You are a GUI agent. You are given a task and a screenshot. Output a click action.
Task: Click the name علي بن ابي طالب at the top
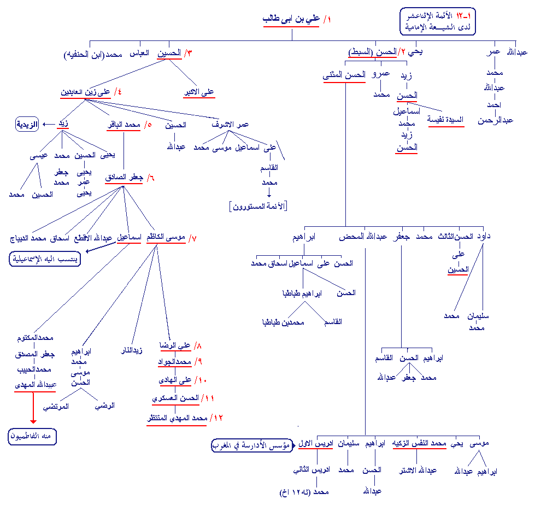(291, 20)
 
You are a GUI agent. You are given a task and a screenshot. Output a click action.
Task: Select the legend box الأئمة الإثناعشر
(437, 22)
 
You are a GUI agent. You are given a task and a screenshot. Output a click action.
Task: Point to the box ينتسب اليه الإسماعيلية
(45, 259)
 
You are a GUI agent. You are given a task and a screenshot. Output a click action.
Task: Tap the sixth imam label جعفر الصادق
(125, 178)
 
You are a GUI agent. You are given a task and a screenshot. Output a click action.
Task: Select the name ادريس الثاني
(310, 469)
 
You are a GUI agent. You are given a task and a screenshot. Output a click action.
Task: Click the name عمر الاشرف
(230, 125)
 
